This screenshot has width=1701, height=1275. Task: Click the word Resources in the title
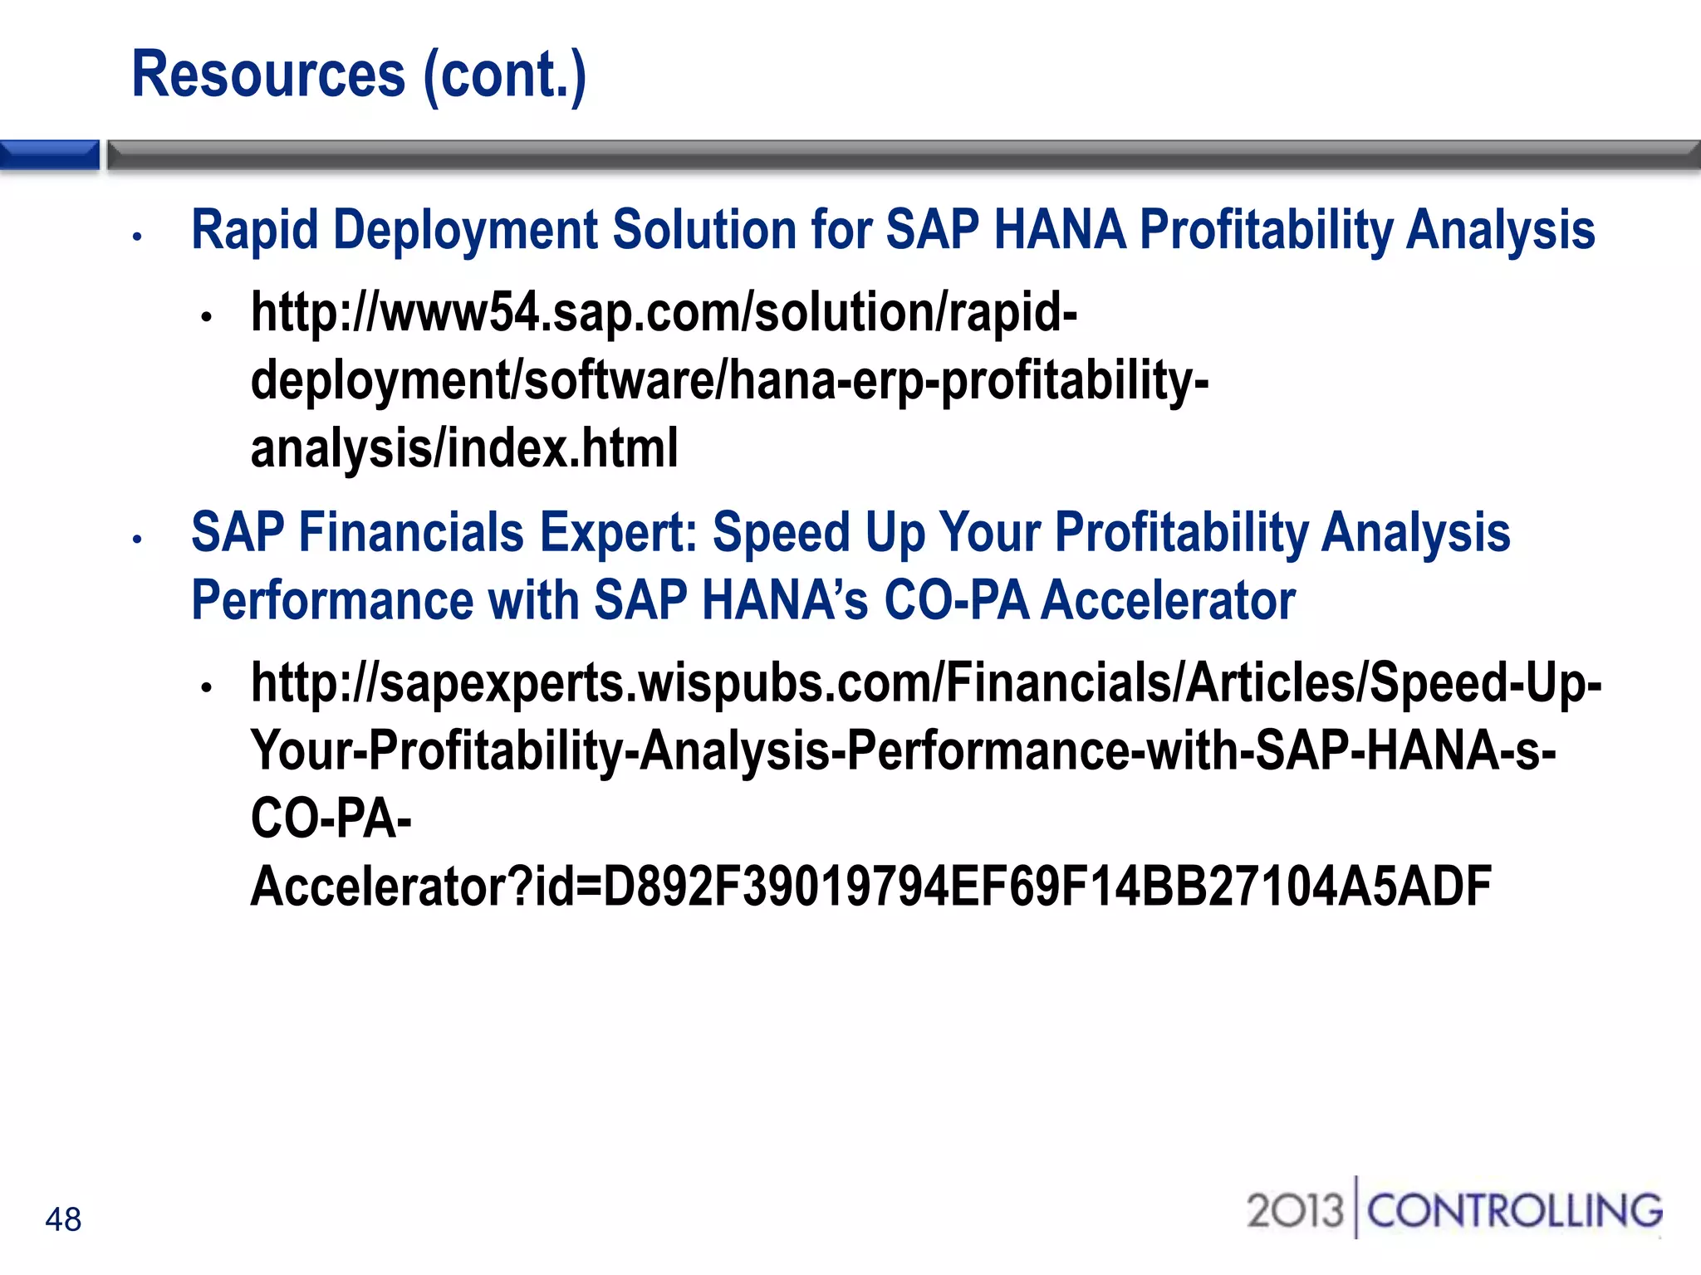click(x=268, y=75)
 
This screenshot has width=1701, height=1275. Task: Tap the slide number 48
click(x=63, y=1219)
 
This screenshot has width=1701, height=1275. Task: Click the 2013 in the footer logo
click(x=1295, y=1210)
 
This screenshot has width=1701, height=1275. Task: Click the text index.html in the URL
click(x=562, y=449)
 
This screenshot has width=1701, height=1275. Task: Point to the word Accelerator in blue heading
click(x=1167, y=600)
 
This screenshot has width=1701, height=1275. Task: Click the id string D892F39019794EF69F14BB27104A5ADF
click(x=1047, y=886)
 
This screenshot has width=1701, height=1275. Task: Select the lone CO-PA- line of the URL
click(x=331, y=818)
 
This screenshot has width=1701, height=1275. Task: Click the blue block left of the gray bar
click(x=50, y=155)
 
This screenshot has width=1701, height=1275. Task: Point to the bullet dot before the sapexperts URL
click(x=207, y=687)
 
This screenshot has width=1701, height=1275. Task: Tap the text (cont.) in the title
click(x=505, y=75)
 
